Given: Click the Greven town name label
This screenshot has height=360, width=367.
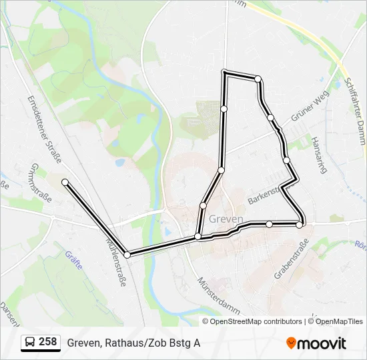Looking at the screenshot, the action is click(x=226, y=219).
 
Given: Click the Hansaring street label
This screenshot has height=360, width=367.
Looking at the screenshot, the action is click(x=320, y=155).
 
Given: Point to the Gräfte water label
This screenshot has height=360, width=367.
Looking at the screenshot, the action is click(x=73, y=259).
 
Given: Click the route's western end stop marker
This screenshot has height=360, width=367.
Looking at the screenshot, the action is click(x=65, y=182).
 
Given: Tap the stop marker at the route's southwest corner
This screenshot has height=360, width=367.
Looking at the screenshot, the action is click(x=127, y=253).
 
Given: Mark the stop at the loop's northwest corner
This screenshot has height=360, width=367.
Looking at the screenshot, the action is click(x=225, y=73).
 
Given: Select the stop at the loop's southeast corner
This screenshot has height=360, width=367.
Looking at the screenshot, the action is click(x=300, y=225).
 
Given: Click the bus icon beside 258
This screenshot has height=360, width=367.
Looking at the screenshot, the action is click(x=30, y=343).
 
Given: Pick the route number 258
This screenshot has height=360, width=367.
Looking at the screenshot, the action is click(x=48, y=342).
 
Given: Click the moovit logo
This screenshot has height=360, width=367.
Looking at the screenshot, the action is click(x=316, y=343).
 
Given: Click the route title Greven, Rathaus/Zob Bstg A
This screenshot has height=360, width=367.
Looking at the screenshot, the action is click(x=133, y=343).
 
